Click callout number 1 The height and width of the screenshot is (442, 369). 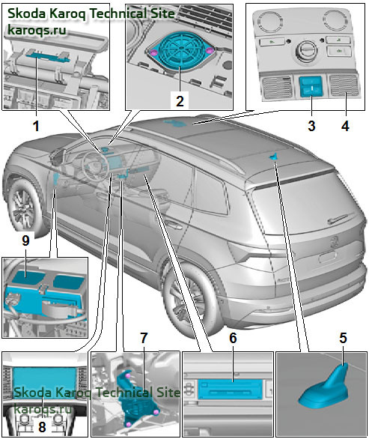36,126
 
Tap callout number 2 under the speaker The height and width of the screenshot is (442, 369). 180,101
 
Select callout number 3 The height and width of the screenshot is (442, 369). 311,126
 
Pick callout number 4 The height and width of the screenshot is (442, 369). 345,126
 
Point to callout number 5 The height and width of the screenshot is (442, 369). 343,338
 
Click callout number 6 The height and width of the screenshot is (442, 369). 233,338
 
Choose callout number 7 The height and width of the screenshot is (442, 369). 144,338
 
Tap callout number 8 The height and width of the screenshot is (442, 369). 42,427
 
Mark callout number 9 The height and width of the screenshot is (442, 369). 25,240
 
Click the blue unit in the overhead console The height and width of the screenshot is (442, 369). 311,86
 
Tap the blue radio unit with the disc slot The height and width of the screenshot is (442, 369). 230,389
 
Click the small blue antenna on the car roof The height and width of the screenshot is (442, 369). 272,157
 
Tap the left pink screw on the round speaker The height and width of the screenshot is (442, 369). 154,52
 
